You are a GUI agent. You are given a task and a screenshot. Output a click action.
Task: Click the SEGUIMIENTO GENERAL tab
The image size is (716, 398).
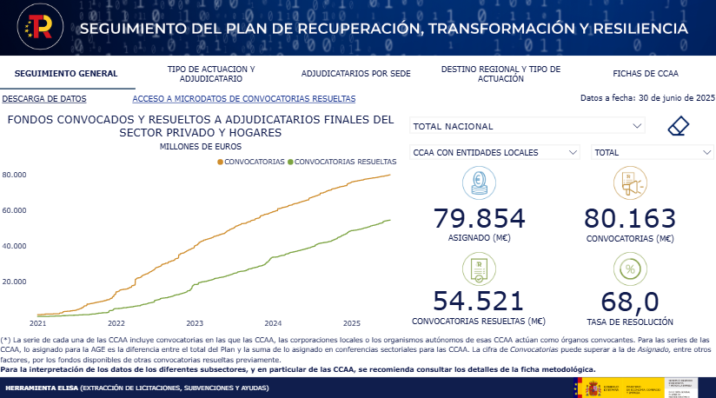pyautogui.click(x=66, y=74)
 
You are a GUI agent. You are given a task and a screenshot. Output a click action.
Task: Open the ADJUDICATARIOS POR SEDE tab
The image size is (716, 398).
pyautogui.click(x=355, y=74)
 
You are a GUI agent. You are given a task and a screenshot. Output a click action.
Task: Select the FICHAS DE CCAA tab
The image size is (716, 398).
pyautogui.click(x=645, y=74)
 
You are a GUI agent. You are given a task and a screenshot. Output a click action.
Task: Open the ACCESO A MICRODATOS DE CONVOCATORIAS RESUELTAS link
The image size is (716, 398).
pyautogui.click(x=243, y=99)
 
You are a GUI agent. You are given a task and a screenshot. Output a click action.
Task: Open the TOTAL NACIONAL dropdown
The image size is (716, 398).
pyautogui.click(x=527, y=127)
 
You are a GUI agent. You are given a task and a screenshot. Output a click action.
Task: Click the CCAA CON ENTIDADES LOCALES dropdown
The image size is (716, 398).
pyautogui.click(x=494, y=152)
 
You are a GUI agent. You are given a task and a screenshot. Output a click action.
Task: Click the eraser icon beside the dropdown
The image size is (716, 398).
pyautogui.click(x=679, y=127)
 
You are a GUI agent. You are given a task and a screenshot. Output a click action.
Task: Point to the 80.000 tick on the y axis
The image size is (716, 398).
pyautogui.click(x=14, y=175)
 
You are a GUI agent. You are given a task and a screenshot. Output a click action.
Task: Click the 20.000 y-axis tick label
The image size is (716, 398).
pyautogui.click(x=14, y=282)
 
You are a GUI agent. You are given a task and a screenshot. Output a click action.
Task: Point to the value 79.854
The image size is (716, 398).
pyautogui.click(x=479, y=218)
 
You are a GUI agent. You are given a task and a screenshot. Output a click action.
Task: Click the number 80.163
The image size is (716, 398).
pyautogui.click(x=629, y=218)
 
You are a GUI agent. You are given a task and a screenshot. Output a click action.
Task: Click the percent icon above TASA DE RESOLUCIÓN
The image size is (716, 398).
pyautogui.click(x=629, y=269)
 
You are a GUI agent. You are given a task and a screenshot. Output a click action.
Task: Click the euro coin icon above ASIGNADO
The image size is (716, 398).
pyautogui.click(x=479, y=183)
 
